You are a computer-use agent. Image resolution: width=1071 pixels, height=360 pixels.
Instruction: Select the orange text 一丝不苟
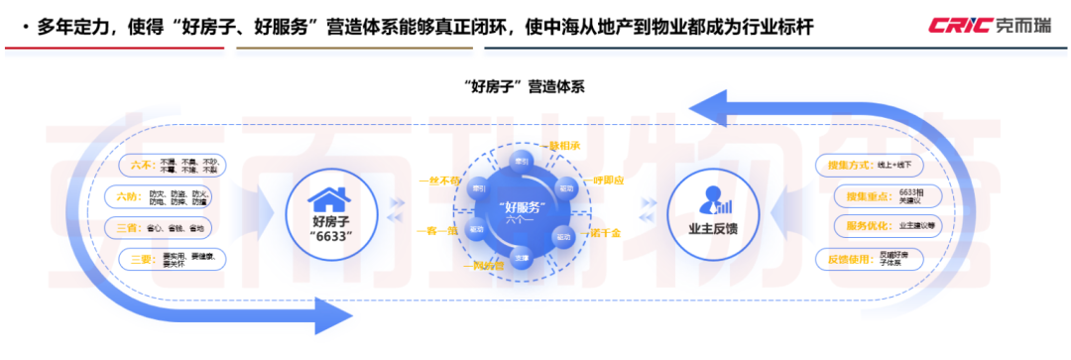pyautogui.click(x=438, y=181)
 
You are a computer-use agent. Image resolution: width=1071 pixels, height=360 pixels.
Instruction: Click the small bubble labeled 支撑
pyautogui.click(x=523, y=254)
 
